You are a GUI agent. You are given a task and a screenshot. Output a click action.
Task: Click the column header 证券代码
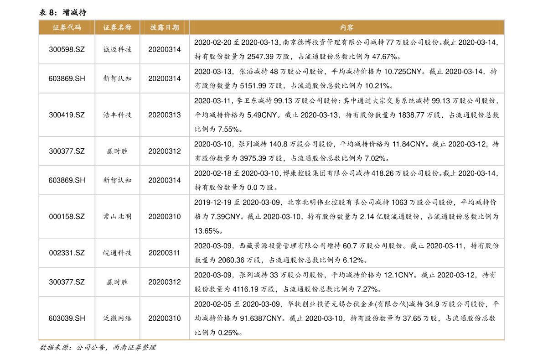tap(67, 27)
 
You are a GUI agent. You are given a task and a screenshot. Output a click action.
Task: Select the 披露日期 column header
tap(165, 27)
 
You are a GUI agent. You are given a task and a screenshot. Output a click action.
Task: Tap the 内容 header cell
tap(346, 27)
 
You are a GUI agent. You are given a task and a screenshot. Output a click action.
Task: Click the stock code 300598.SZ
tap(67, 50)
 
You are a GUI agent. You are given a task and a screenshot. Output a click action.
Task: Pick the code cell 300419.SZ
tap(67, 115)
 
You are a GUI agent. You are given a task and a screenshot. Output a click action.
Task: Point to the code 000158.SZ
tap(67, 217)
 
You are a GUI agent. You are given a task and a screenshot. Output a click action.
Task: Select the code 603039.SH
tap(67, 318)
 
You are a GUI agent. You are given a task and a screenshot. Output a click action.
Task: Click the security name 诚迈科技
tap(117, 50)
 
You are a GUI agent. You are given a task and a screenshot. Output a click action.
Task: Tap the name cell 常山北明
tap(117, 217)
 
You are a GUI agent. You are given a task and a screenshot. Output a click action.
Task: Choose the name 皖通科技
tap(117, 253)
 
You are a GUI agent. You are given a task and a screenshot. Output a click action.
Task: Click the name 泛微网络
tap(117, 318)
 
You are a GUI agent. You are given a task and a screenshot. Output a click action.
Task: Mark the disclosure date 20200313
tap(165, 115)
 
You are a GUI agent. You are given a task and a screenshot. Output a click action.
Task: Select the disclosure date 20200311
tap(165, 253)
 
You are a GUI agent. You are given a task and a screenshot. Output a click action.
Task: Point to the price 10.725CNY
tap(403, 72)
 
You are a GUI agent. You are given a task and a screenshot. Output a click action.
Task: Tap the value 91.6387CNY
tap(261, 318)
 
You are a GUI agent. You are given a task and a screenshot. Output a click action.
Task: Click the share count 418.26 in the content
tap(383, 173)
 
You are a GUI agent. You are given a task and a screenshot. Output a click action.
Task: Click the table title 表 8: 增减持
tap(62, 12)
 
